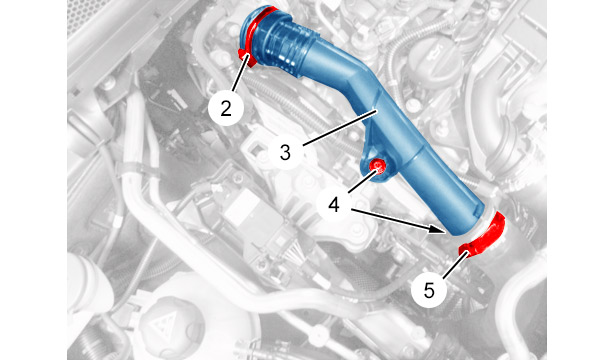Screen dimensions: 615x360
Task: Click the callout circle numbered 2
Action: click(x=226, y=107)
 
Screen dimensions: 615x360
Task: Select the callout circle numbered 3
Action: click(x=285, y=152)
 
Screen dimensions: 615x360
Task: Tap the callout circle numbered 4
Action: click(x=334, y=205)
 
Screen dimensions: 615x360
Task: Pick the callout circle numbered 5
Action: click(x=429, y=291)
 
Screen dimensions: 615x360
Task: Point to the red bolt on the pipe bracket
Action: click(x=378, y=167)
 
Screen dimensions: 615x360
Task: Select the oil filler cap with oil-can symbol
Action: click(x=435, y=59)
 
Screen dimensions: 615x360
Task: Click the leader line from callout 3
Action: click(x=340, y=128)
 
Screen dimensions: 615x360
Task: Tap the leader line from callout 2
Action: click(x=240, y=73)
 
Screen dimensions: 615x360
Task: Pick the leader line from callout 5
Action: click(x=455, y=265)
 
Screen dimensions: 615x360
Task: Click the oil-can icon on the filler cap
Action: click(x=436, y=50)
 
